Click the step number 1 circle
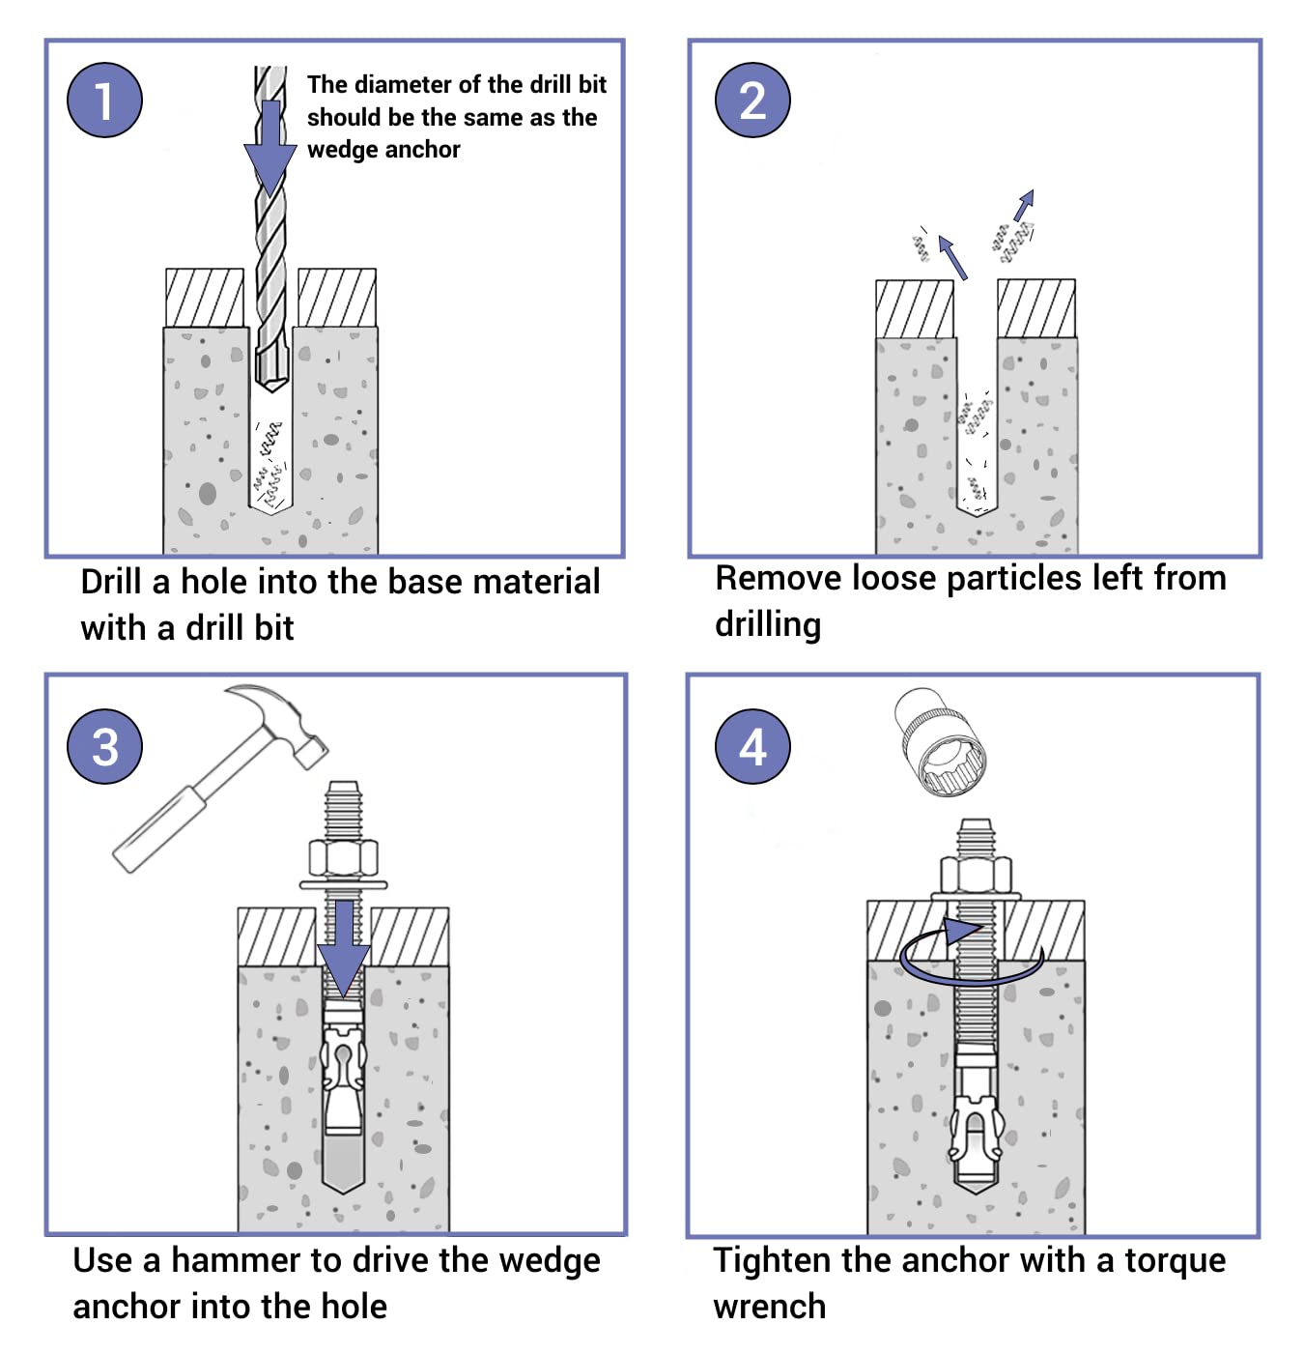104,100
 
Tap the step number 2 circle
752,100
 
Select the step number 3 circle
104,746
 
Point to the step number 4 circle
752,746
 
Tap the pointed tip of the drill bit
271,384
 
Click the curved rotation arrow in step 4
971,962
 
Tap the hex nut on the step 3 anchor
342,858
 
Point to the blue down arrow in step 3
343,952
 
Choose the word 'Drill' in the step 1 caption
111,582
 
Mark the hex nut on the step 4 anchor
976,876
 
